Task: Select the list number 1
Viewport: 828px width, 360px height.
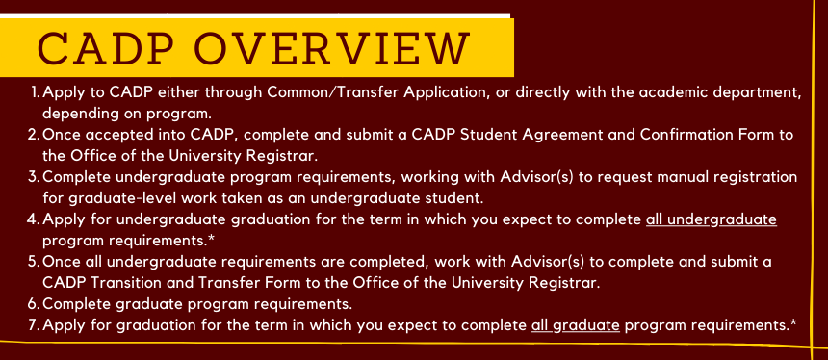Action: point(36,92)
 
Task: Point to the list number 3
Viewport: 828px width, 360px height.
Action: point(34,177)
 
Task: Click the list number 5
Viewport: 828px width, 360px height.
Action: point(34,261)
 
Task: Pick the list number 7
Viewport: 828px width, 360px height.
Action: point(34,324)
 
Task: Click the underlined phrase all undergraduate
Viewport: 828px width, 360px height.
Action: point(712,219)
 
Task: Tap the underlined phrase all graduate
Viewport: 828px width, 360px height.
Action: point(576,325)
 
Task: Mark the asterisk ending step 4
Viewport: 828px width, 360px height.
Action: point(211,239)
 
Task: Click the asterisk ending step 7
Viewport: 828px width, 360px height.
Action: point(793,323)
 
